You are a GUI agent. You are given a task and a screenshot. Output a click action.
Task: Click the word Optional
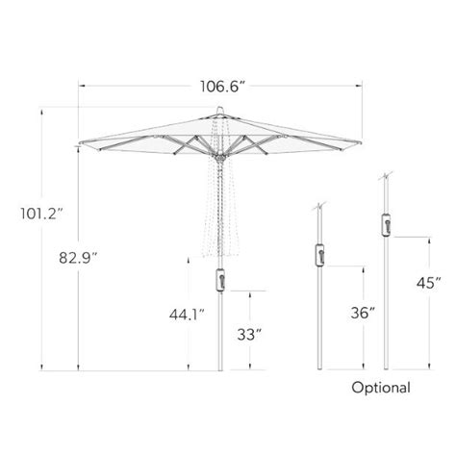click(381, 389)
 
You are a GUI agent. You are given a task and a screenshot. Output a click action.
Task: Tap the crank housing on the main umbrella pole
click(220, 279)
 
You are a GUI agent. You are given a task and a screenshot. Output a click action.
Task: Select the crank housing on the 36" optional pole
click(318, 255)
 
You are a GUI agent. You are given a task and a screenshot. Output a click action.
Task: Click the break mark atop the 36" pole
click(318, 207)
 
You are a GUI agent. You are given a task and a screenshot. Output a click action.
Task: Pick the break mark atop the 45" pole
click(386, 177)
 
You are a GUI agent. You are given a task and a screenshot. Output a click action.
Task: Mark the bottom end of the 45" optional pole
click(386, 368)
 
